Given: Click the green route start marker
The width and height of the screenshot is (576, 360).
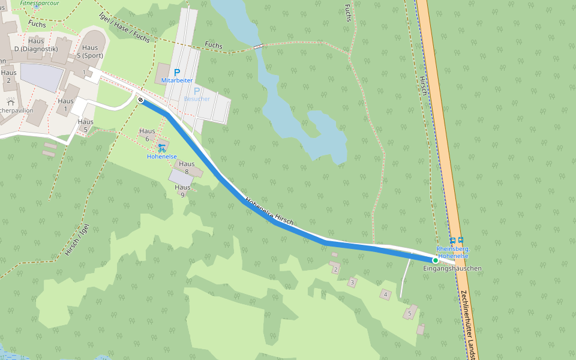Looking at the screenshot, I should pyautogui.click(x=435, y=260).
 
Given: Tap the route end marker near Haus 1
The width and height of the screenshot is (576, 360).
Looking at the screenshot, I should pyautogui.click(x=140, y=100).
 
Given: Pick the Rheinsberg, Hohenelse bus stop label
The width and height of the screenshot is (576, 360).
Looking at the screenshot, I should pyautogui.click(x=453, y=252).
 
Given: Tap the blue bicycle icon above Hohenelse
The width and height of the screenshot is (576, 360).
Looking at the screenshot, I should pyautogui.click(x=161, y=147).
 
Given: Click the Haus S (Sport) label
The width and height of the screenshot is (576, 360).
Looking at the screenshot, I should pyautogui.click(x=89, y=52).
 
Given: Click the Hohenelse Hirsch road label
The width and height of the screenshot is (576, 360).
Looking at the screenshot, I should pyautogui.click(x=269, y=212).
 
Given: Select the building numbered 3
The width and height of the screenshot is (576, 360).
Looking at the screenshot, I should pyautogui.click(x=352, y=281).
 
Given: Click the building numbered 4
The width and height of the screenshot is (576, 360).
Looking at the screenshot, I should pyautogui.click(x=385, y=294).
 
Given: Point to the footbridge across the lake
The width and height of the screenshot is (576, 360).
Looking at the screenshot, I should pyautogui.click(x=258, y=46).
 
